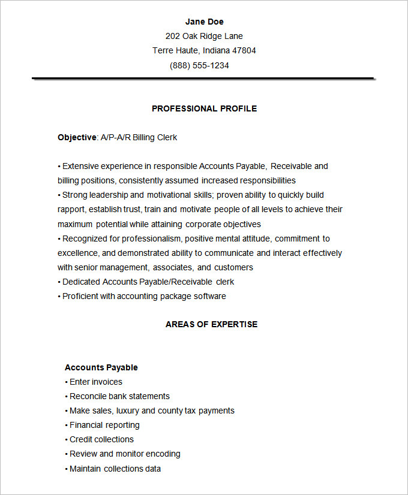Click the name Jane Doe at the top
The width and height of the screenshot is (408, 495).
point(204,22)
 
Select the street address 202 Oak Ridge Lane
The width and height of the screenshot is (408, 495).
point(204,36)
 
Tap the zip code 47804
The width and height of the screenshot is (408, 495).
point(244,50)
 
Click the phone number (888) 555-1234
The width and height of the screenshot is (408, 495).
point(199,65)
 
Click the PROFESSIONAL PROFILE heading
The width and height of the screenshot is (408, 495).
point(204,108)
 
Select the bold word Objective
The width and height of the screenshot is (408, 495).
point(77,137)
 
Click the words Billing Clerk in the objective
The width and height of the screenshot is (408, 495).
point(155,137)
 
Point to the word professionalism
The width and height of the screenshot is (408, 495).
point(150,238)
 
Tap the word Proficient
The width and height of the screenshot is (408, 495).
point(80,296)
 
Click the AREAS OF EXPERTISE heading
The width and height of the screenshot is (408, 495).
point(211,324)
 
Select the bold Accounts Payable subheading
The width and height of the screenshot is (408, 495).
point(101,367)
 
